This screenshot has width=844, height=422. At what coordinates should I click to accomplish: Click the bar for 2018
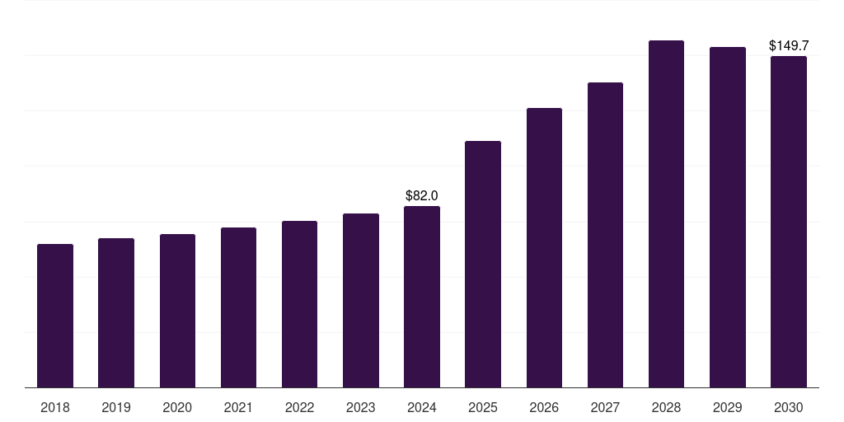(55, 316)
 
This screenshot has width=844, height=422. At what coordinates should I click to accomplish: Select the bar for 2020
(178, 311)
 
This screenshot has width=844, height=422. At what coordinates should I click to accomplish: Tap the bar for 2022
(299, 304)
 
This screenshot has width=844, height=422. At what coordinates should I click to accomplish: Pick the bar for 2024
(422, 297)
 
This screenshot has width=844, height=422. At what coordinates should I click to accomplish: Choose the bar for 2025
(483, 265)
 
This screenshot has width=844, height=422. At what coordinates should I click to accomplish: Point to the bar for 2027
(605, 235)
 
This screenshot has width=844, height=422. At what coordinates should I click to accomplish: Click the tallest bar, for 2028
(666, 214)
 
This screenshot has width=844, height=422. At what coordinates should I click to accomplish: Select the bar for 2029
(728, 218)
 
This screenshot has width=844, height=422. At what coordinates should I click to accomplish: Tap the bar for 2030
(789, 222)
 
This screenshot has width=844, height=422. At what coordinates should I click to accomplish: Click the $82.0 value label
(421, 195)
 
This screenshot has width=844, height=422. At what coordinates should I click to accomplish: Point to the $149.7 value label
(789, 46)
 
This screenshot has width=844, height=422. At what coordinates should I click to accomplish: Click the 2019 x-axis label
(116, 407)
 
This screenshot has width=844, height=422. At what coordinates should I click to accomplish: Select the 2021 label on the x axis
(238, 407)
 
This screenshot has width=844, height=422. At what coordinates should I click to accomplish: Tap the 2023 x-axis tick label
(361, 407)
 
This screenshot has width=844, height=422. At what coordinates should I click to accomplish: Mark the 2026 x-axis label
(544, 407)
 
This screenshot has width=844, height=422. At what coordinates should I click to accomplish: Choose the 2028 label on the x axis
(666, 407)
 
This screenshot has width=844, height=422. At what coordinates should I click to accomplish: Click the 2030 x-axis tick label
(789, 407)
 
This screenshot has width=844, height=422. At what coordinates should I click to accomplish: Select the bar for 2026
(544, 247)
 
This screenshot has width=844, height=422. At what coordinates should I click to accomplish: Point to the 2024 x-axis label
(422, 407)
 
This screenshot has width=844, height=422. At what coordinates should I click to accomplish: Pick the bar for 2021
(238, 308)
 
